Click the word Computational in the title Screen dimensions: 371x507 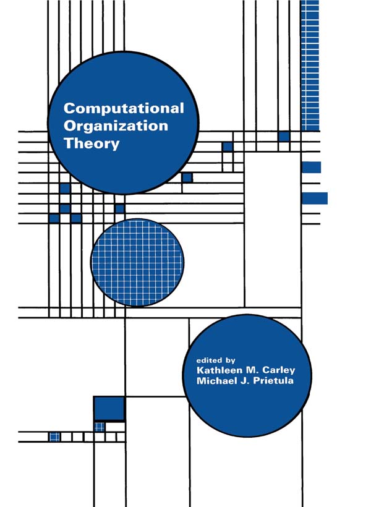124,108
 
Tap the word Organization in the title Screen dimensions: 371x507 116,126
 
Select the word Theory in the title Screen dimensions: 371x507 92,143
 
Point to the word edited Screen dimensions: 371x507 208,360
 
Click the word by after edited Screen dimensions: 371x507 229,360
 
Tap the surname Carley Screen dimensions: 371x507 278,370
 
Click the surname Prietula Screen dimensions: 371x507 273,381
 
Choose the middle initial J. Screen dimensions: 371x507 244,381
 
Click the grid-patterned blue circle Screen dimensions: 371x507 137,263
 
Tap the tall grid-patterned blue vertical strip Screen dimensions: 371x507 310,66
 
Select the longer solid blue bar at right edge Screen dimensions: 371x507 315,198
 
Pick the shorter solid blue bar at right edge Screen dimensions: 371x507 312,168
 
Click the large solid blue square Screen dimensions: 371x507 109,409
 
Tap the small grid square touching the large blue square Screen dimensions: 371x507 100,427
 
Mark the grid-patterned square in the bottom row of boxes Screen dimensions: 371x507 54,437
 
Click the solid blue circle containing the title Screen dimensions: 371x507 123,123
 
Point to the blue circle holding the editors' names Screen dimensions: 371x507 247,376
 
